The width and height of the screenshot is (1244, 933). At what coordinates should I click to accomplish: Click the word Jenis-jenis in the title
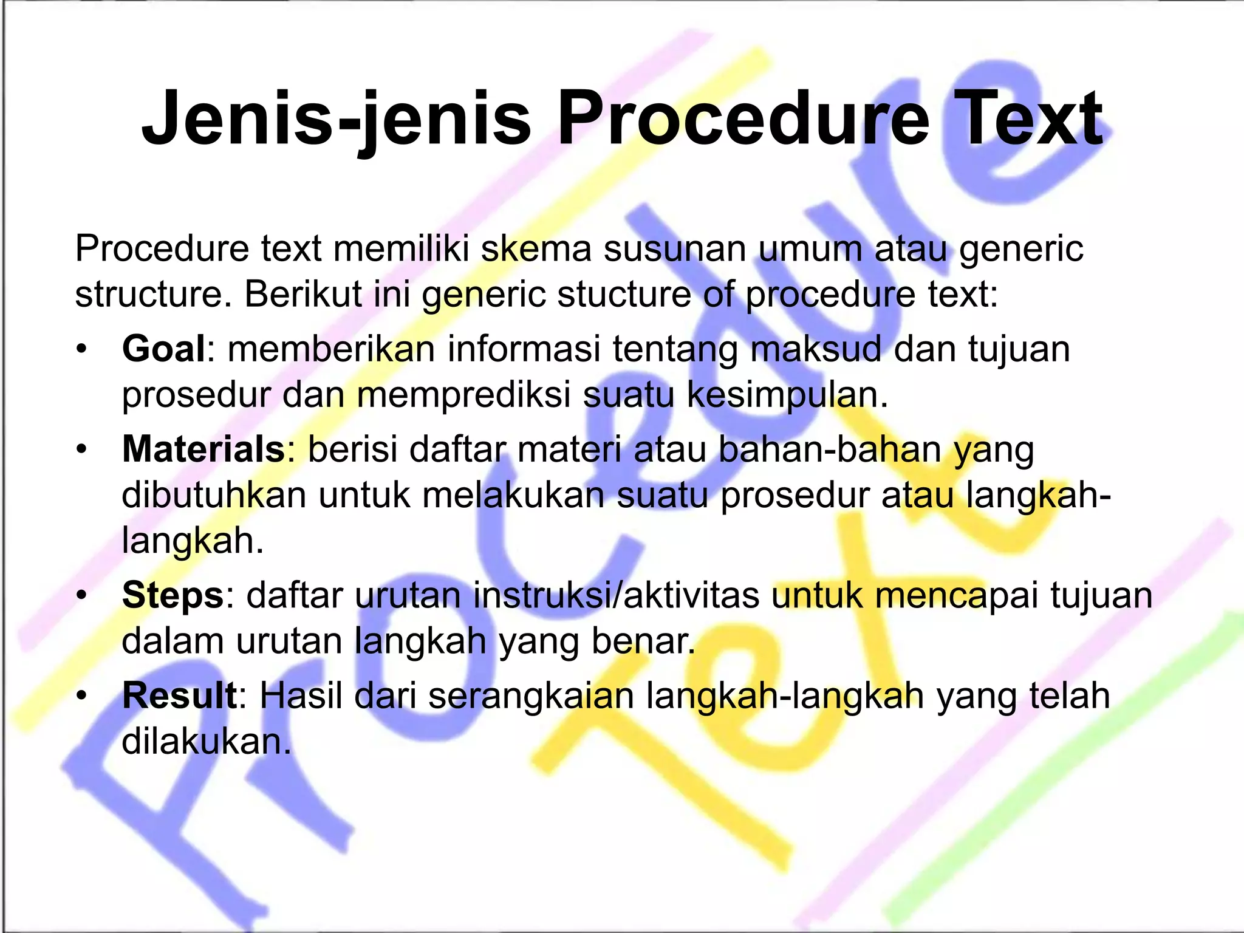click(336, 118)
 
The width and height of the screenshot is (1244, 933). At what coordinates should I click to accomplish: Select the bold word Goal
click(163, 349)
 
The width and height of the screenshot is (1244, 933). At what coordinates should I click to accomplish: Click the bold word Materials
click(203, 449)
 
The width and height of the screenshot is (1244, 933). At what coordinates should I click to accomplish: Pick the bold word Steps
click(173, 595)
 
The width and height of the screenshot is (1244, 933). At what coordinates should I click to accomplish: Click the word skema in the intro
click(536, 249)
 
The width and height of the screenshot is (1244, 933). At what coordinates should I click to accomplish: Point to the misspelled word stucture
click(624, 295)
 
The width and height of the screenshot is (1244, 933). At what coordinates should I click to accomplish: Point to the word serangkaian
click(531, 697)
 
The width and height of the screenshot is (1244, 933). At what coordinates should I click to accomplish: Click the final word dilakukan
click(206, 741)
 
